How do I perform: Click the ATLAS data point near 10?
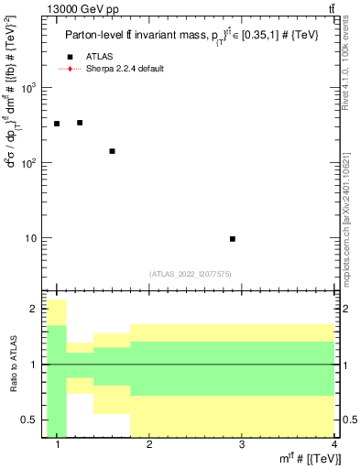pos(233,239)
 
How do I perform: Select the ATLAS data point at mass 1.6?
pos(112,151)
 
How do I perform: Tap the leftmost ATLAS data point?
pos(57,124)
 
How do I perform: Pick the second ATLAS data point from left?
pos(80,123)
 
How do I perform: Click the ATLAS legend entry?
pos(98,57)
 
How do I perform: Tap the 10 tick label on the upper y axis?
pos(29,239)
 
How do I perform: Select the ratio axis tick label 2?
pos(34,310)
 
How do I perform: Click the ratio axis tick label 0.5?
pos(29,420)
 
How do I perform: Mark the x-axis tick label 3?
pos(241,445)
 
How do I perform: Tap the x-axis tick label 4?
pos(333,445)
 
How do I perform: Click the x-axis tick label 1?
pos(58,445)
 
